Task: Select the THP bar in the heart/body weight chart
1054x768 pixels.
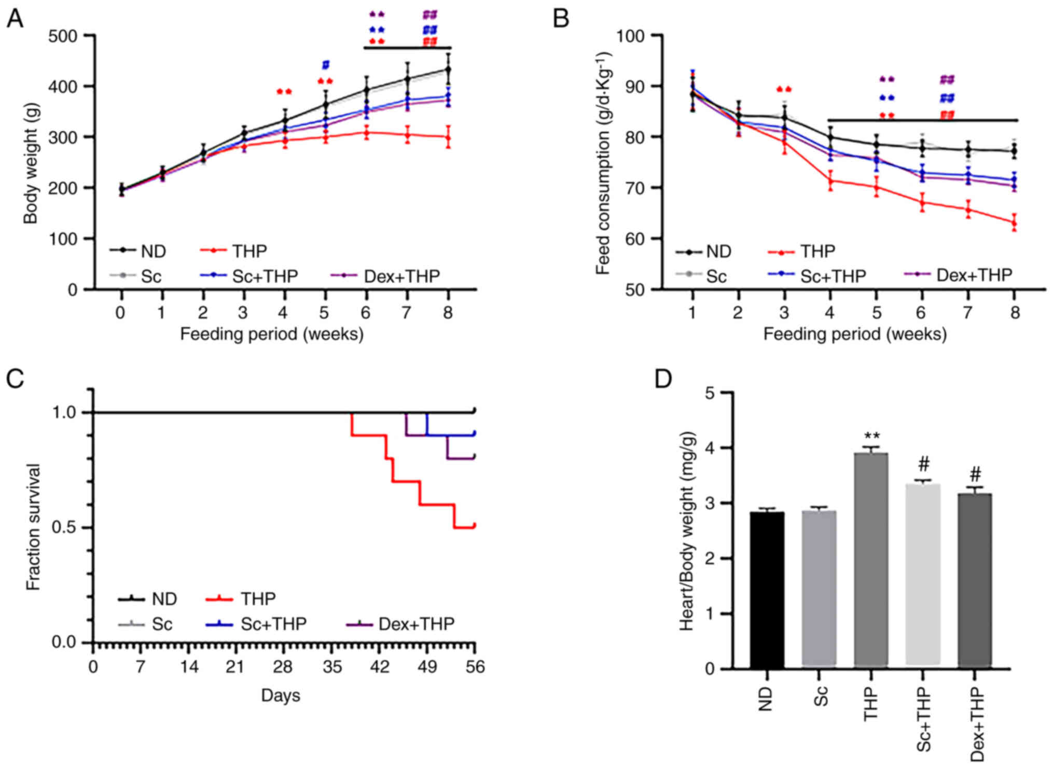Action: (871, 560)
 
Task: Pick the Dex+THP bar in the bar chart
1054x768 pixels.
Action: (975, 581)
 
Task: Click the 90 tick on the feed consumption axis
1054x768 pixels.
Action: (629, 86)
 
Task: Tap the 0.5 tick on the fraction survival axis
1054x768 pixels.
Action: (65, 527)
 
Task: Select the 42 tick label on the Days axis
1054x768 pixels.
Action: (380, 666)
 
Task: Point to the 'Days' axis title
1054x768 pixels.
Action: (281, 695)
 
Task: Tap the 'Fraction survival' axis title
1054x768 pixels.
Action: (33, 527)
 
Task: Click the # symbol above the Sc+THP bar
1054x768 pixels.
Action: (923, 464)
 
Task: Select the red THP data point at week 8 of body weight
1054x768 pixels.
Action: (448, 137)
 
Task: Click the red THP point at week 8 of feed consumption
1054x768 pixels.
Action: (1015, 223)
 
